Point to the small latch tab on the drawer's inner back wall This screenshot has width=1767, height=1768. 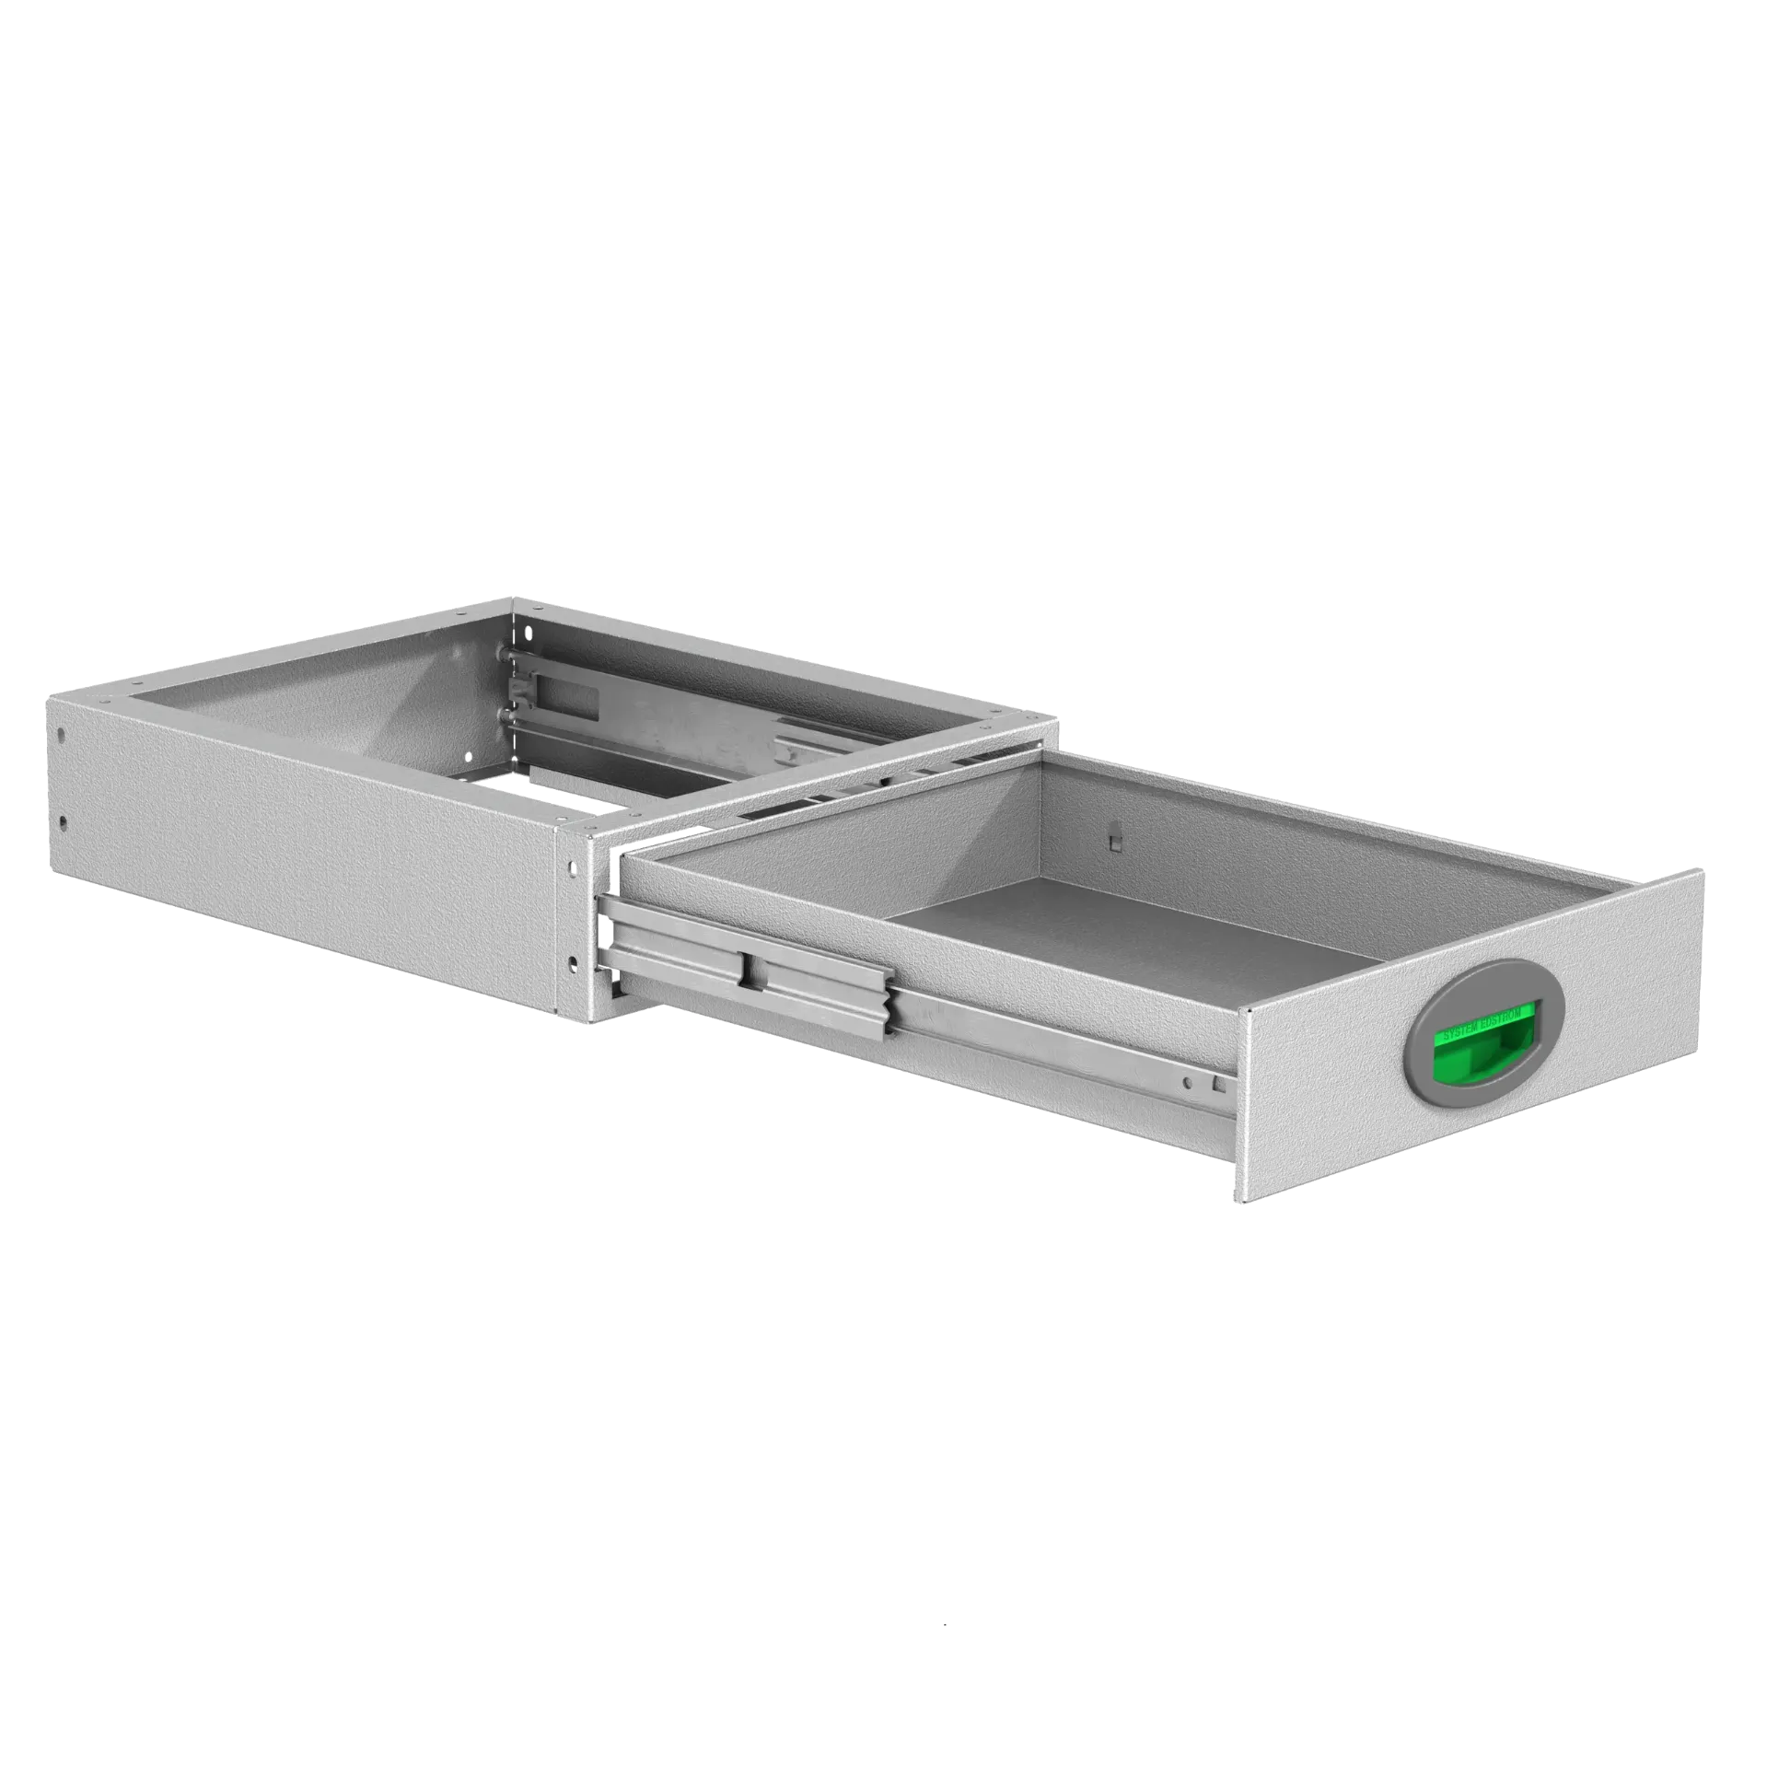click(1115, 840)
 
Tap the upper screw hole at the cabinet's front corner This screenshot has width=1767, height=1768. click(575, 866)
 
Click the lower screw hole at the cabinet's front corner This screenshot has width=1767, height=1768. click(575, 962)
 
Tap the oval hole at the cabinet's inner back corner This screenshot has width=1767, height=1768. click(527, 634)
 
